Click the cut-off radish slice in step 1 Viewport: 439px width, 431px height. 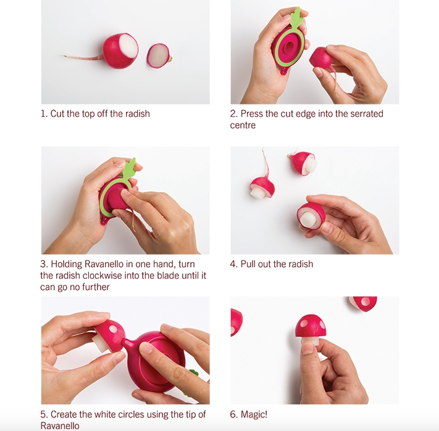159,56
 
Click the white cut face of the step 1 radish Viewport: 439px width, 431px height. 129,46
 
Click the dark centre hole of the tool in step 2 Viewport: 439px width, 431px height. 290,46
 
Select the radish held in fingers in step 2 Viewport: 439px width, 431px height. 321,58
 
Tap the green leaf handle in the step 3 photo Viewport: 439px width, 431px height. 129,169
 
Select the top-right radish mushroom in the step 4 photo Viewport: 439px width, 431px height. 304,163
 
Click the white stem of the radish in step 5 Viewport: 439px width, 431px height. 101,343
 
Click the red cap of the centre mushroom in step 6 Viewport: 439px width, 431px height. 311,326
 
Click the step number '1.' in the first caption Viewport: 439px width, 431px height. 44,114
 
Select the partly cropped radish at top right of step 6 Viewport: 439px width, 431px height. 363,304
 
